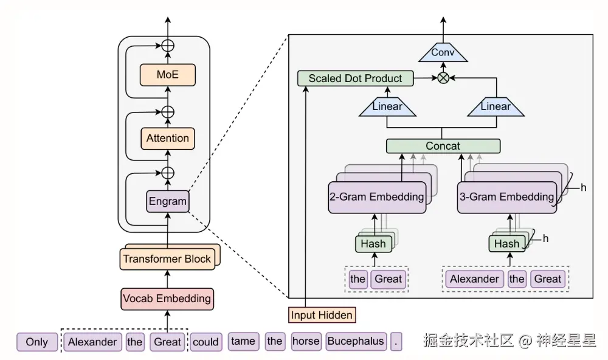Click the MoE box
[167, 75]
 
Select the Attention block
[167, 138]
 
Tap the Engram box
[167, 201]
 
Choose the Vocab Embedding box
[167, 298]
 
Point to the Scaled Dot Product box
[355, 78]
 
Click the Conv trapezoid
[443, 53]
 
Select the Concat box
[443, 146]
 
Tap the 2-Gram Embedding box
[376, 197]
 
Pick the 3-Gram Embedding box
[507, 197]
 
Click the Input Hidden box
[322, 315]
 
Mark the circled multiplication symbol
[443, 78]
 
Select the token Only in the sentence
[36, 342]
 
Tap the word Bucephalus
[356, 341]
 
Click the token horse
[306, 341]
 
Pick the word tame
[243, 341]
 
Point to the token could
[206, 342]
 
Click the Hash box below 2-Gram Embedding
[373, 244]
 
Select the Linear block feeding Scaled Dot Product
[387, 107]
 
